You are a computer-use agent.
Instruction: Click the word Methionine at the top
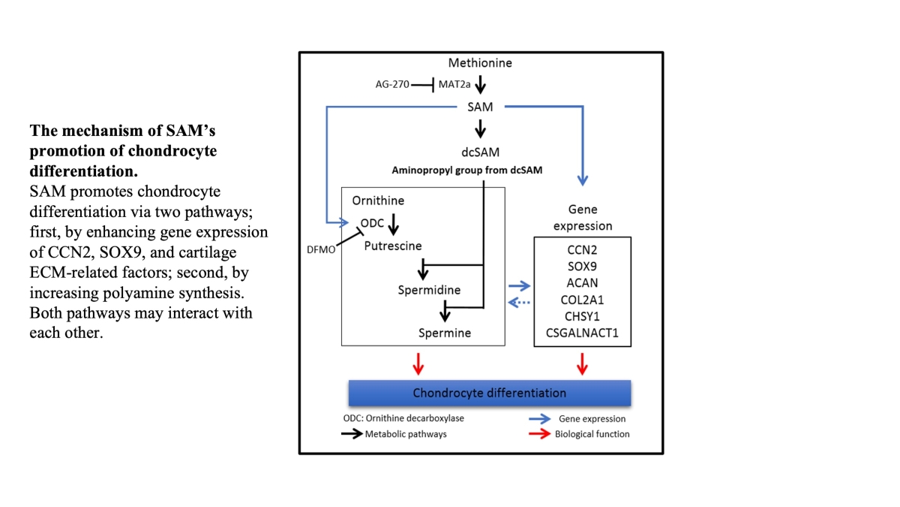tap(480, 63)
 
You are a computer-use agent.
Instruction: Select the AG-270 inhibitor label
tap(392, 84)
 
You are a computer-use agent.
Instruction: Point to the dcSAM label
tap(480, 151)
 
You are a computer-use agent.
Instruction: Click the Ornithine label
tap(378, 201)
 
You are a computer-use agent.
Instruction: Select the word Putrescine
tap(393, 246)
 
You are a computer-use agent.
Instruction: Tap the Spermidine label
tap(429, 290)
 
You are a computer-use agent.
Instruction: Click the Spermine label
tap(445, 332)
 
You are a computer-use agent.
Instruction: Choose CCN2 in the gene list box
tap(582, 249)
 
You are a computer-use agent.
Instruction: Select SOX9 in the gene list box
tap(582, 265)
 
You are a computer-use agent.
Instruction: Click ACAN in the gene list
tap(582, 282)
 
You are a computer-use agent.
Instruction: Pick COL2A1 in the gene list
tap(582, 298)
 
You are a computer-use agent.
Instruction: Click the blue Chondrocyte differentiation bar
tap(489, 393)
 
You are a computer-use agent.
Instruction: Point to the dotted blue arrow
tap(519, 303)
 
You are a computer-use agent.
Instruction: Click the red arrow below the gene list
tap(582, 364)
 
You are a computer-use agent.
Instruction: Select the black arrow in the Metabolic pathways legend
tap(349, 434)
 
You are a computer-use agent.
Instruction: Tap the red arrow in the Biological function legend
tap(539, 434)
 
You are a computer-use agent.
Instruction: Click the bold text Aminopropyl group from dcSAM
tap(466, 171)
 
